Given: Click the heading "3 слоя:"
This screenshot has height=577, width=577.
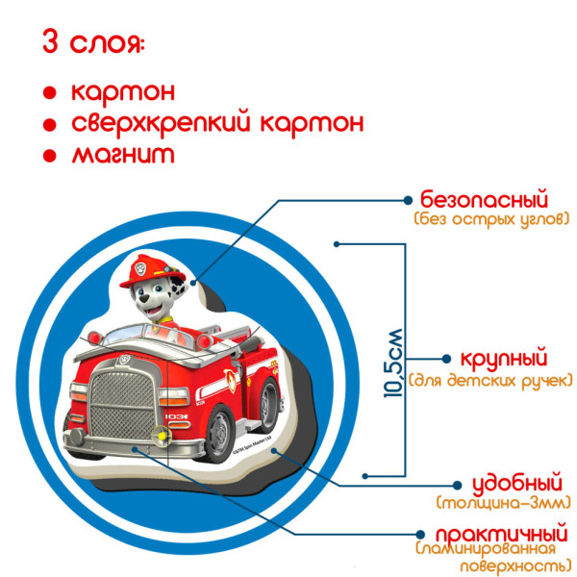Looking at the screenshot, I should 92,43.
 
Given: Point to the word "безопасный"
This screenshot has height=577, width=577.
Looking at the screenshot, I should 484,200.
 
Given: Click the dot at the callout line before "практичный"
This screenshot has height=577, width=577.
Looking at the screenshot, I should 420,533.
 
